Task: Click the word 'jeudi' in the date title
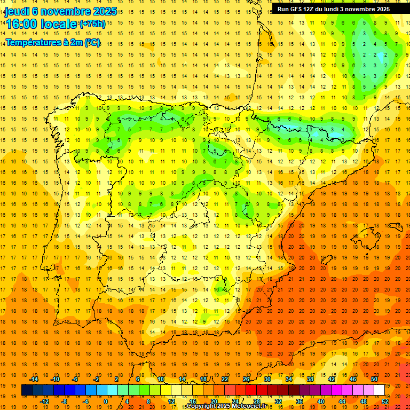(17, 11)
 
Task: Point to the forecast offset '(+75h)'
(92, 24)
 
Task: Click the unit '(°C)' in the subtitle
(91, 42)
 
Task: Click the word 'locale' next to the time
(59, 24)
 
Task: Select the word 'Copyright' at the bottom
(202, 406)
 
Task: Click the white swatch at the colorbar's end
(379, 390)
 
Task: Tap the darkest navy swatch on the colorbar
(27, 390)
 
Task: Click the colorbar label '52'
(385, 401)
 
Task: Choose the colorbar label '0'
(106, 401)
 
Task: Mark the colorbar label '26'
(246, 379)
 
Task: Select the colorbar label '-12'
(45, 401)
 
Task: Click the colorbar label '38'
(310, 379)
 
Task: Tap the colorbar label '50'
(374, 379)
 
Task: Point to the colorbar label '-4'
(85, 401)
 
